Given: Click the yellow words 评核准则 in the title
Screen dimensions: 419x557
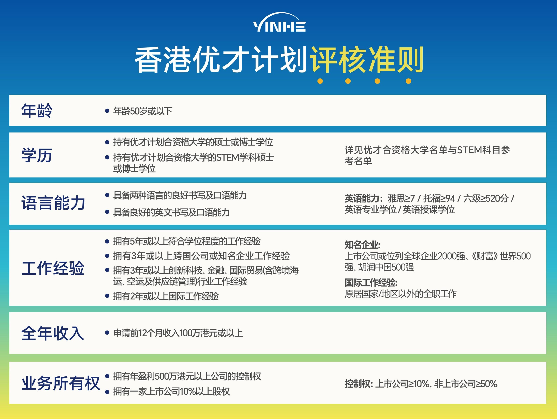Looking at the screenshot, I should pyautogui.click(x=366, y=60).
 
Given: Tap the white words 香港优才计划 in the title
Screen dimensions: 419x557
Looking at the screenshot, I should pyautogui.click(x=221, y=60).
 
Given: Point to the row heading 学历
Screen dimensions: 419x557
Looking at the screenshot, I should pyautogui.click(x=37, y=155).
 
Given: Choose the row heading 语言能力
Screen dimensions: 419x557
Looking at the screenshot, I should pyautogui.click(x=53, y=203).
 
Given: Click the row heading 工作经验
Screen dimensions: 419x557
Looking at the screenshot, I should pyautogui.click(x=53, y=268).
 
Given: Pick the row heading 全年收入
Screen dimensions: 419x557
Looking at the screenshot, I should pyautogui.click(x=53, y=333).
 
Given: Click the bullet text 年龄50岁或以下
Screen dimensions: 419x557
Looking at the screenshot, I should pyautogui.click(x=143, y=111).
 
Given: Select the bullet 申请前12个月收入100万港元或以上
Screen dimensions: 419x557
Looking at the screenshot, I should pyautogui.click(x=178, y=333).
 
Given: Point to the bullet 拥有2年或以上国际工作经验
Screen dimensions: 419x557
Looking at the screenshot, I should pyautogui.click(x=166, y=296).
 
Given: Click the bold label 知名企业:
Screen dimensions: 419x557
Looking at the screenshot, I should pyautogui.click(x=362, y=245).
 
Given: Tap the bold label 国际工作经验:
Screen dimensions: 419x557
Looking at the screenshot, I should pyautogui.click(x=371, y=283).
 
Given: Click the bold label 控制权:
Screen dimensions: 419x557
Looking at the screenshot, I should pyautogui.click(x=358, y=384).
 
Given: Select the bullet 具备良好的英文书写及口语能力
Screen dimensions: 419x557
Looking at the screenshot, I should pyautogui.click(x=171, y=212).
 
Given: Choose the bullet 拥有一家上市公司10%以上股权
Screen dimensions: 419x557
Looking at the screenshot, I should pyautogui.click(x=171, y=392).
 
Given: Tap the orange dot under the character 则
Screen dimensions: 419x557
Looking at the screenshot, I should pyautogui.click(x=408, y=81).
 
